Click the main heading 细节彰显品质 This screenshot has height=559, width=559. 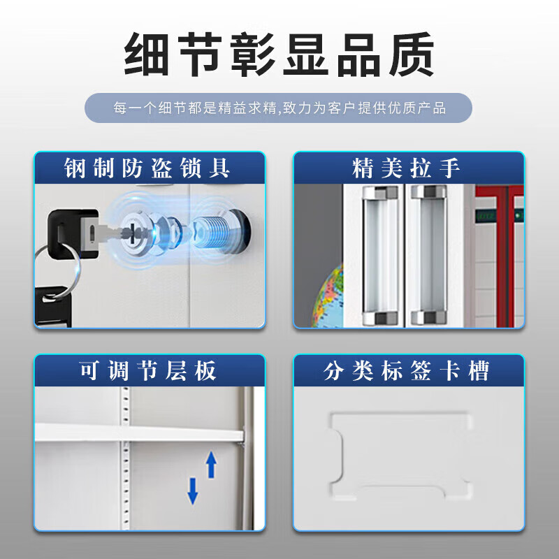(x=279, y=55)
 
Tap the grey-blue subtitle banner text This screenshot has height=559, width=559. (x=279, y=108)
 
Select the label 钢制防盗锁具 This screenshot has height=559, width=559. (x=147, y=168)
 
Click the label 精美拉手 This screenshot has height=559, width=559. (x=406, y=168)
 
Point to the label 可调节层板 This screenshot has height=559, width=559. (x=147, y=370)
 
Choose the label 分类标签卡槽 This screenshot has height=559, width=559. (x=406, y=370)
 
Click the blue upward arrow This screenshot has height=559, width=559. (x=212, y=465)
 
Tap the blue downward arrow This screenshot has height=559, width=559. (x=193, y=491)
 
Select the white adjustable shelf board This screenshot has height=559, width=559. (x=139, y=433)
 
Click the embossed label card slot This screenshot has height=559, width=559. (x=400, y=456)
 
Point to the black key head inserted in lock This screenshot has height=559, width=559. (x=73, y=233)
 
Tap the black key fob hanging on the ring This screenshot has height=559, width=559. (x=54, y=307)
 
